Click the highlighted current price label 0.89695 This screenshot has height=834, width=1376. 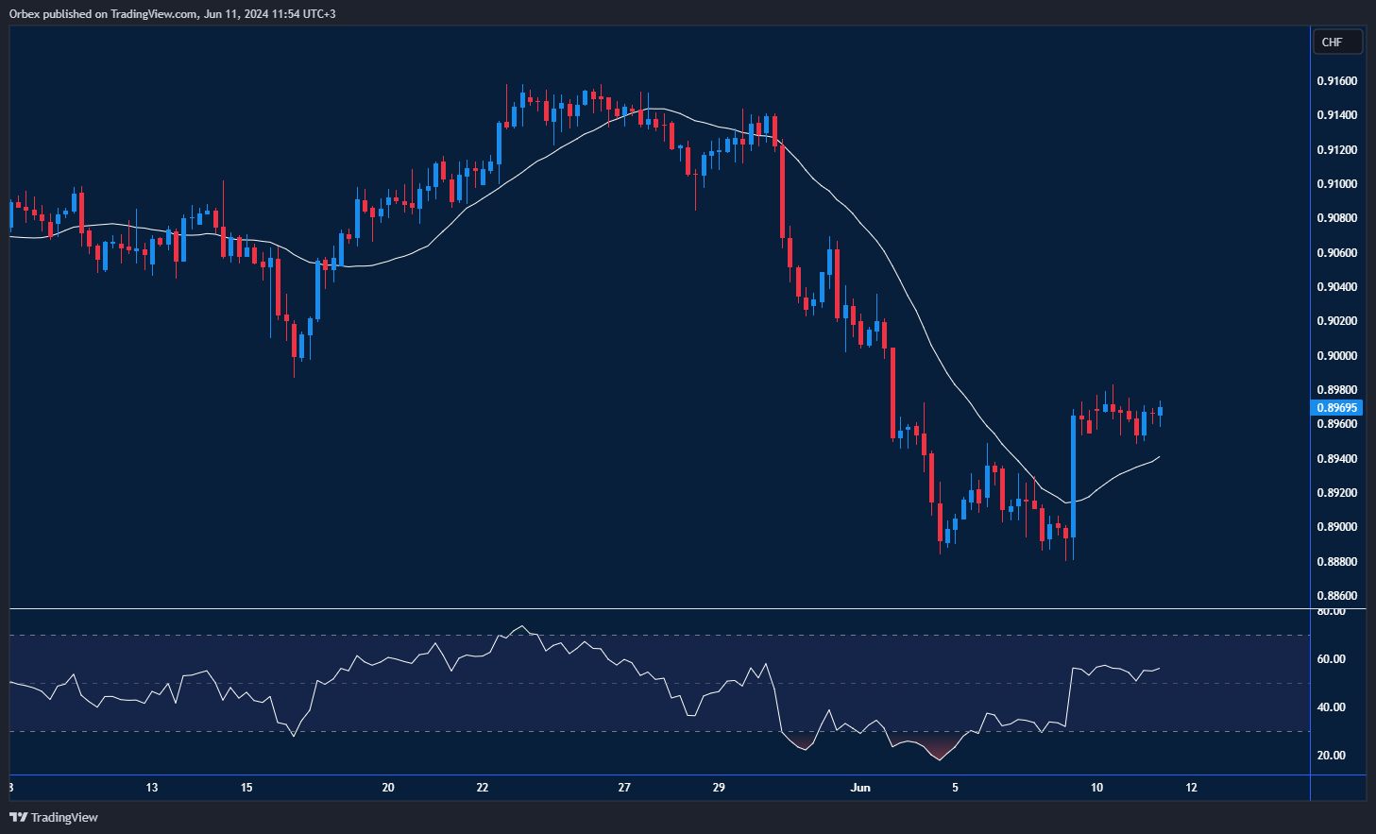point(1336,408)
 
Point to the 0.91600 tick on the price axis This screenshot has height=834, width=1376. point(1336,81)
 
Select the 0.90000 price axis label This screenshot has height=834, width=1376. point(1336,356)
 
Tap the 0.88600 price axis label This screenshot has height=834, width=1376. point(1336,596)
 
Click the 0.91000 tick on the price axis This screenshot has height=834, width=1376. point(1336,184)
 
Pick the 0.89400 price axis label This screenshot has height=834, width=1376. point(1336,459)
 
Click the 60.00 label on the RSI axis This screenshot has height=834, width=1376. point(1332,659)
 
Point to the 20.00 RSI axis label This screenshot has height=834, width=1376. point(1332,756)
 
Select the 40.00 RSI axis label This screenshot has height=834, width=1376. point(1332,707)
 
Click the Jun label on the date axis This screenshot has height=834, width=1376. point(860,788)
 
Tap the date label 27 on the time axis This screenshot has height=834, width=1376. point(624,788)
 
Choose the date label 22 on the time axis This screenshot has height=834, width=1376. point(483,788)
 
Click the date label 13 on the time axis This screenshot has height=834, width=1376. point(152,788)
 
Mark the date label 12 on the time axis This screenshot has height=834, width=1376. point(1191,788)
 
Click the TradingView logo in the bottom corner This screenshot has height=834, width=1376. point(54,817)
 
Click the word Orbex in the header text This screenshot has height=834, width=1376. point(25,14)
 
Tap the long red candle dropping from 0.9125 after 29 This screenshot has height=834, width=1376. point(782,189)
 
